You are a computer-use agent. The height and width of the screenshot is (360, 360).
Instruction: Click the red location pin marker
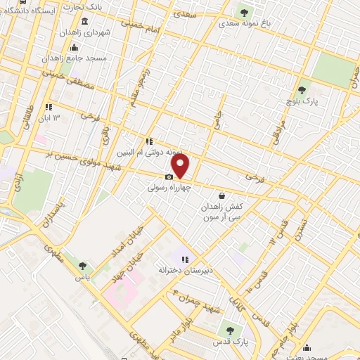[181, 167]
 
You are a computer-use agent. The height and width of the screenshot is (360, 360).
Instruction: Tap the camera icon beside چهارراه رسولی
[169, 177]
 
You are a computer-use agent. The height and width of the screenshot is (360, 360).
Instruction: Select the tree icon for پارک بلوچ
[302, 89]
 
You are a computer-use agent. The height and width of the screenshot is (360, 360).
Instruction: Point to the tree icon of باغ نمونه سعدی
[245, 12]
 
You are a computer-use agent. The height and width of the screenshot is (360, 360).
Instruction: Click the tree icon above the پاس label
[83, 266]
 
